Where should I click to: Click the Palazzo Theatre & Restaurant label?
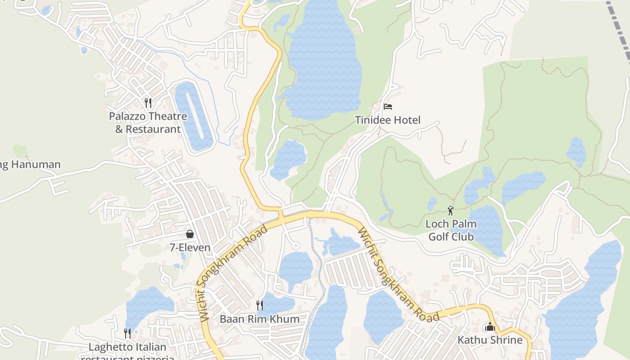pyautogui.click(x=148, y=123)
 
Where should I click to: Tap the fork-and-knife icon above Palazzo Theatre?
pyautogui.click(x=148, y=103)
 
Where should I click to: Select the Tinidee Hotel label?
pyautogui.click(x=387, y=120)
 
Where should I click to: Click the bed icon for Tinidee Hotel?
pyautogui.click(x=388, y=107)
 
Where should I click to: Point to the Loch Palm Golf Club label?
pyautogui.click(x=451, y=230)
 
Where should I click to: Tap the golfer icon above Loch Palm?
pyautogui.click(x=450, y=210)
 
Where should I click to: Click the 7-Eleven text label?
pyautogui.click(x=190, y=247)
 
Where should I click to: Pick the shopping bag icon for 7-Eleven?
pyautogui.click(x=190, y=234)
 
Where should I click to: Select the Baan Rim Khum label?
pyautogui.click(x=259, y=319)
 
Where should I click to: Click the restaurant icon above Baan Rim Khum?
pyautogui.click(x=260, y=306)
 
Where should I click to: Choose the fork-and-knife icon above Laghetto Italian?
pyautogui.click(x=127, y=333)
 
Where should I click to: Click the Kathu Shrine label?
pyautogui.click(x=490, y=340)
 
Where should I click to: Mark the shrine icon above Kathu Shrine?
pyautogui.click(x=490, y=327)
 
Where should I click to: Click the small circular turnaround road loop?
pyautogui.click(x=296, y=245)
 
